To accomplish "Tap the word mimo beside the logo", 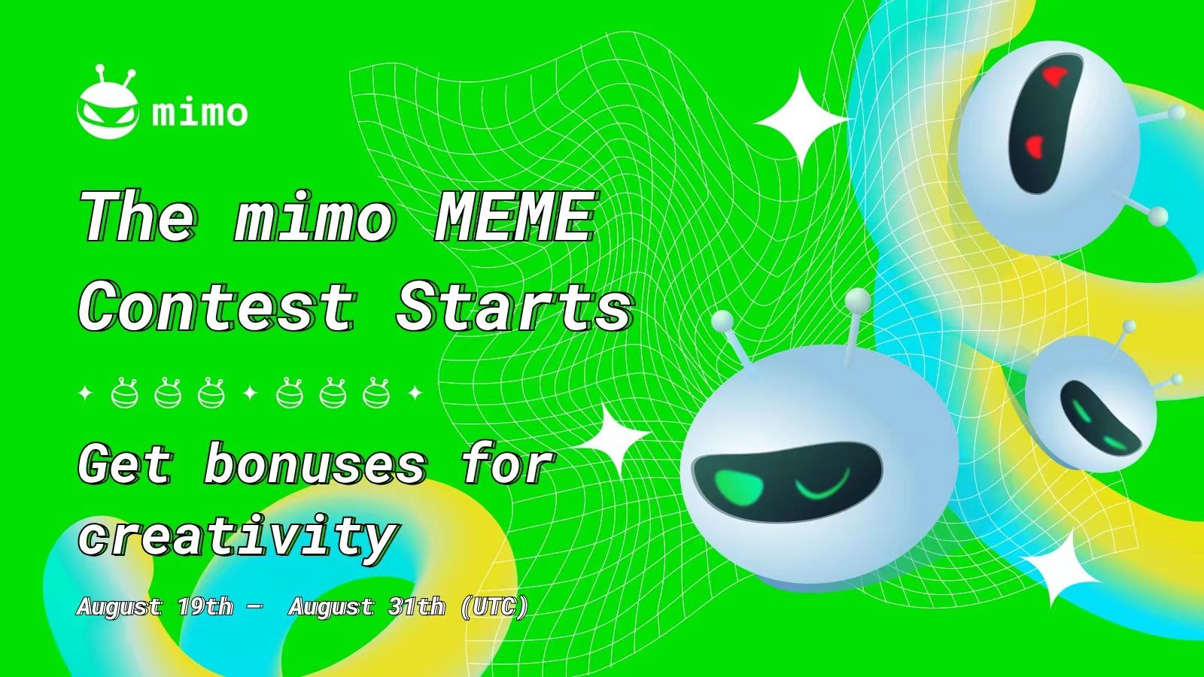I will coord(199,113).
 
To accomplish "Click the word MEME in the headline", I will coord(515,217).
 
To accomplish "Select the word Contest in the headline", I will coord(218,307).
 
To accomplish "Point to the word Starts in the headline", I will coord(514,307).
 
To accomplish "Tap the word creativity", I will coord(237,536).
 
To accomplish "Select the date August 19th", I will coord(155,606).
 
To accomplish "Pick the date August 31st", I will coord(366,606).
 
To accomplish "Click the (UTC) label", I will coord(494,606).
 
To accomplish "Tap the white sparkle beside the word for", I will coord(613,438).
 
